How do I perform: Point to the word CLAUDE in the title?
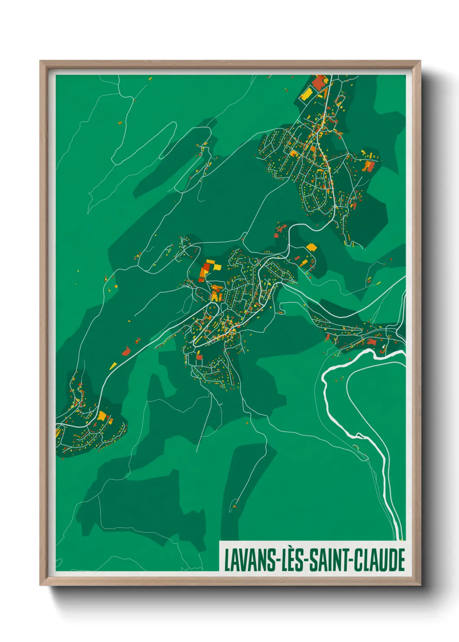pos(380,560)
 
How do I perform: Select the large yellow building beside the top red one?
pos(307,93)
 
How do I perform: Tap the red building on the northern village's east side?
pos(369,166)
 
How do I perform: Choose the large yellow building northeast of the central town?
pos(311,247)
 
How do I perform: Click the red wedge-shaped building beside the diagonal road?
pos(126,351)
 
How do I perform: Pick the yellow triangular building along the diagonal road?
pos(113,366)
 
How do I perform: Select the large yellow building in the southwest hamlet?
pos(102,416)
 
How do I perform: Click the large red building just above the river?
pos(372,342)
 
